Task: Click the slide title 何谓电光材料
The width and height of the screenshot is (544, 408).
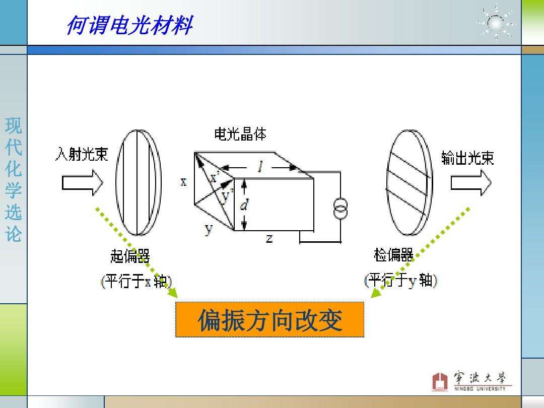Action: coord(129,25)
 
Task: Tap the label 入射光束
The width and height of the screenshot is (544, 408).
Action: coord(82,154)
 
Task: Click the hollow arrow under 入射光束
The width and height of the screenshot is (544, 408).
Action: coord(83,182)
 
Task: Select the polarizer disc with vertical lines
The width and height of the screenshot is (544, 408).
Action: coord(139,182)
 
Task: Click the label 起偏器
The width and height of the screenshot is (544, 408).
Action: coord(130,256)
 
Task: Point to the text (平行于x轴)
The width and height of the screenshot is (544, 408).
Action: coord(137,281)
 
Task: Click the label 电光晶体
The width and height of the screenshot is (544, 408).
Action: coord(240,134)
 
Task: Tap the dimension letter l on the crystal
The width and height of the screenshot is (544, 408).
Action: coord(260,167)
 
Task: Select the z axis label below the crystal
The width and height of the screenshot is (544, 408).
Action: coord(269,238)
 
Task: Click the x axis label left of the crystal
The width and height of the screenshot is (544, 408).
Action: coord(183,181)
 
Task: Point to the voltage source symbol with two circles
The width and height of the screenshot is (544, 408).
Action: coord(341,208)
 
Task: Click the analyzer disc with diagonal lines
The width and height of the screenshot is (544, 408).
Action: coord(410,182)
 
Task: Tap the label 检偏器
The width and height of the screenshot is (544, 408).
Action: coord(393,255)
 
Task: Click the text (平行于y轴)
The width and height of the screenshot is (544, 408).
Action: coord(401,281)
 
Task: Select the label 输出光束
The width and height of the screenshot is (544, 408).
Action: coord(467,158)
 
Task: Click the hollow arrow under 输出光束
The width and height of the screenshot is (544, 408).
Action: coord(471,182)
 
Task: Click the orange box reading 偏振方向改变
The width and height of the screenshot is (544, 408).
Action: coord(269,319)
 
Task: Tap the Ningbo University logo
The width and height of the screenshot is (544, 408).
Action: coord(472,381)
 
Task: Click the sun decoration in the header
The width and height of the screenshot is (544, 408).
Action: coord(496,23)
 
